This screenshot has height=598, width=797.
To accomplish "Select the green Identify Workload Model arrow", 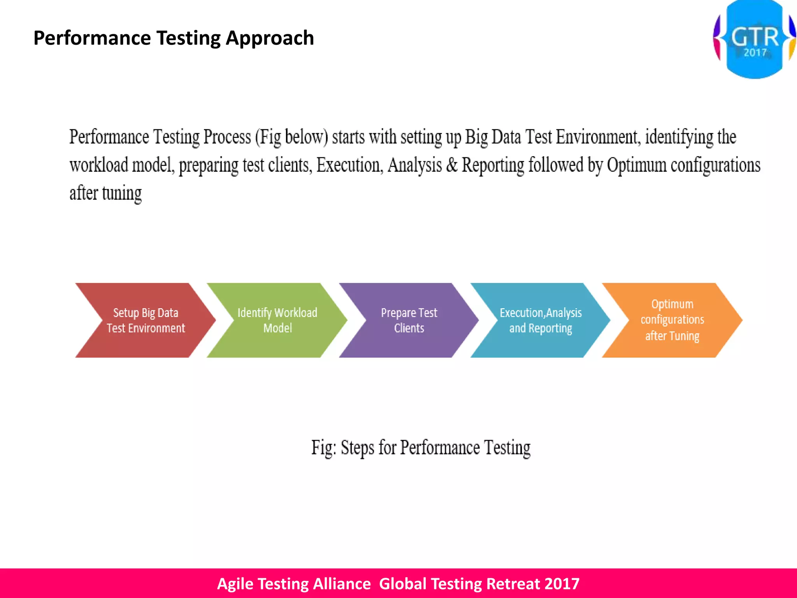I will [277, 320].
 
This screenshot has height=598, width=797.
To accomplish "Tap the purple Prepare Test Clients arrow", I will [409, 320].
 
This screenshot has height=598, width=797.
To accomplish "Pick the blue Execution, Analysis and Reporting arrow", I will [541, 320].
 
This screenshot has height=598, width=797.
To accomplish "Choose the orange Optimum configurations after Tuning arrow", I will [672, 320].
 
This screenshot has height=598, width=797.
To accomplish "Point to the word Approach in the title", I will [270, 38].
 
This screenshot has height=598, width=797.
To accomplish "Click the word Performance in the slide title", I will [92, 38].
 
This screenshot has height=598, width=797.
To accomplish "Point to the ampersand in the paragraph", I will [451, 165].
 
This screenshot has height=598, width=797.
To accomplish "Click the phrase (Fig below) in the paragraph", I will [291, 137].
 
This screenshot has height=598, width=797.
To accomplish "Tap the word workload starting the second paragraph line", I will [99, 165].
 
